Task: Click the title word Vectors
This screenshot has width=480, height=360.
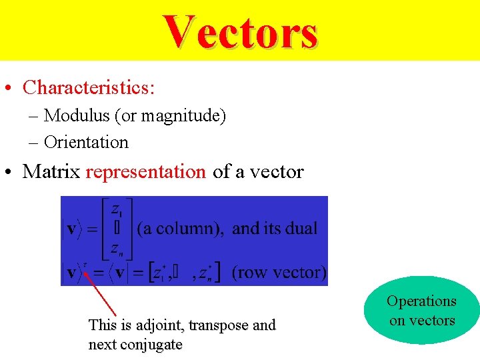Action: click(241, 32)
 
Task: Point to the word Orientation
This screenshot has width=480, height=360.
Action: click(86, 142)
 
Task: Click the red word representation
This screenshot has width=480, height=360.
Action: click(146, 171)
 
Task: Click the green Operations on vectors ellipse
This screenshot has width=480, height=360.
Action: click(421, 311)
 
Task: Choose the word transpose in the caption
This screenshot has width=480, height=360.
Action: click(219, 325)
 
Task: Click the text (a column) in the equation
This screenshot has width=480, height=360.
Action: click(179, 229)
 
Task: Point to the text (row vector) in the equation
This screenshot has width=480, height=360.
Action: click(279, 272)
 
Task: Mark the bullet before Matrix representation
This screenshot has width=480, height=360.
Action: click(11, 173)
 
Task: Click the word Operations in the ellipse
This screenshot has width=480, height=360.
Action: click(421, 301)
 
